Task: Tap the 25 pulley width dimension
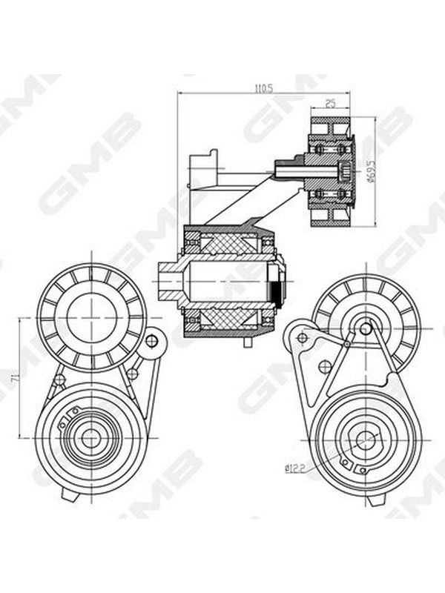coord(330,104)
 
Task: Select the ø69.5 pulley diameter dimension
coord(372,171)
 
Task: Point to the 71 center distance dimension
coord(15,377)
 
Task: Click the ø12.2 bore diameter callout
coord(294,469)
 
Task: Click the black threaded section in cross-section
coord(277,291)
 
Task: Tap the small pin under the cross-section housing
coord(248,342)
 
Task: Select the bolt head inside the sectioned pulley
coord(345,171)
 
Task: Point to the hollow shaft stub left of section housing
coord(170,282)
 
